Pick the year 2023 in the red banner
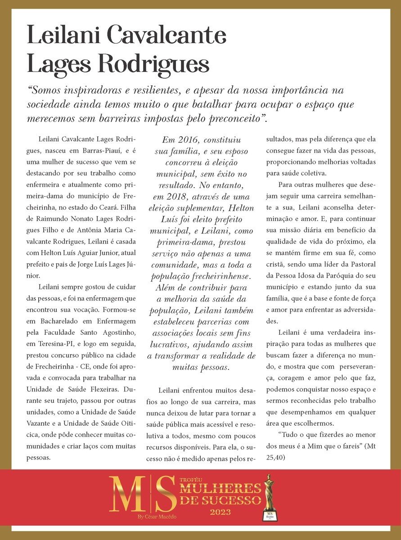coord(220,512)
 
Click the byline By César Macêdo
coord(158,517)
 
